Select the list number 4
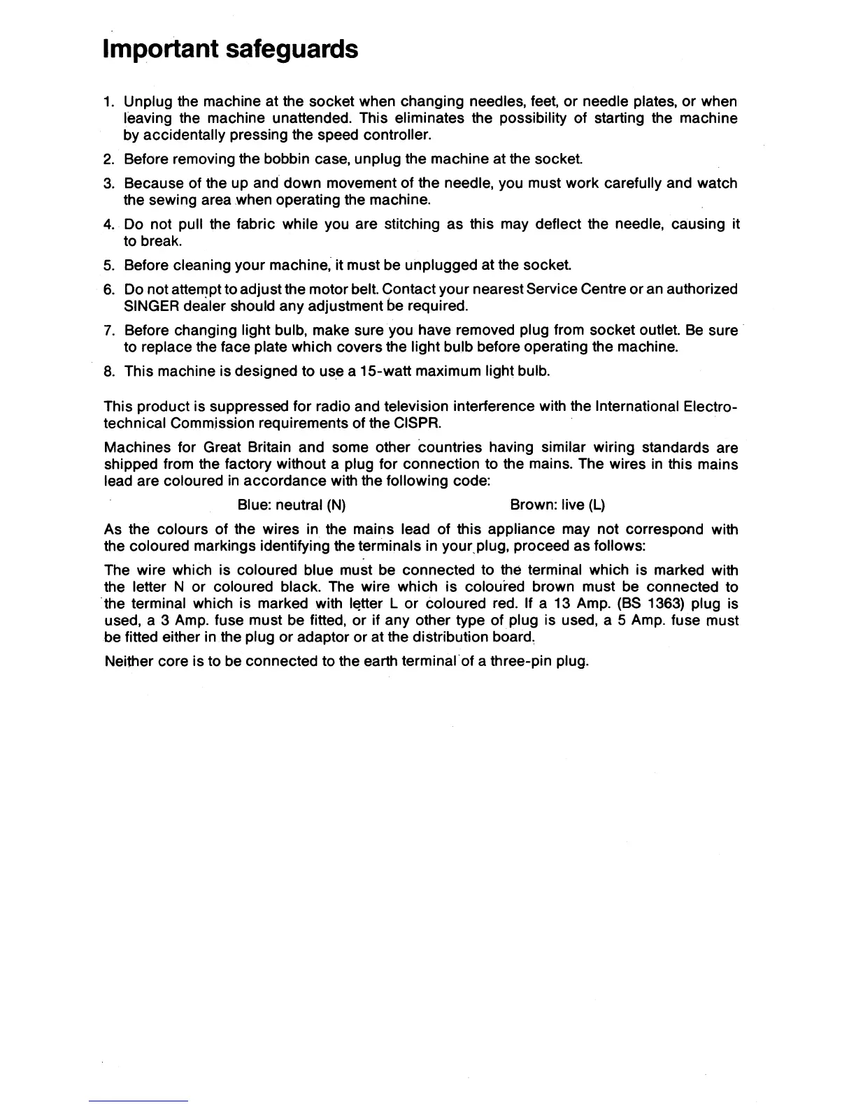[x=108, y=224]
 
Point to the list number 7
[x=108, y=330]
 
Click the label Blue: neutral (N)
[x=292, y=505]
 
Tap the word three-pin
[x=520, y=661]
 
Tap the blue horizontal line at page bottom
[x=139, y=1101]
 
